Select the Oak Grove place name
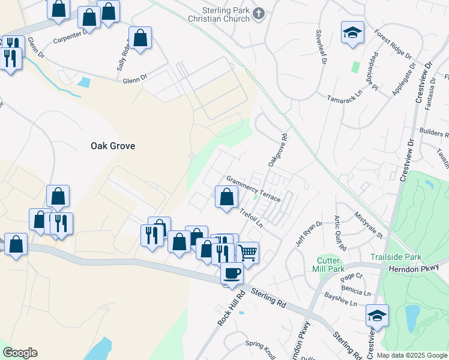[x=112, y=145]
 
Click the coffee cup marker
[x=232, y=274]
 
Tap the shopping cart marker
[x=247, y=253]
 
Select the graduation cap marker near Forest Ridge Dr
[x=352, y=33]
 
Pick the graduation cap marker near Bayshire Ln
[x=377, y=316]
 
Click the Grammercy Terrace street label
[x=253, y=189]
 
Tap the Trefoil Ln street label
[x=252, y=218]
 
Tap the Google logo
[x=19, y=353]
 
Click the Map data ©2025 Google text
[x=411, y=355]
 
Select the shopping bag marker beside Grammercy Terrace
[x=226, y=197]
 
